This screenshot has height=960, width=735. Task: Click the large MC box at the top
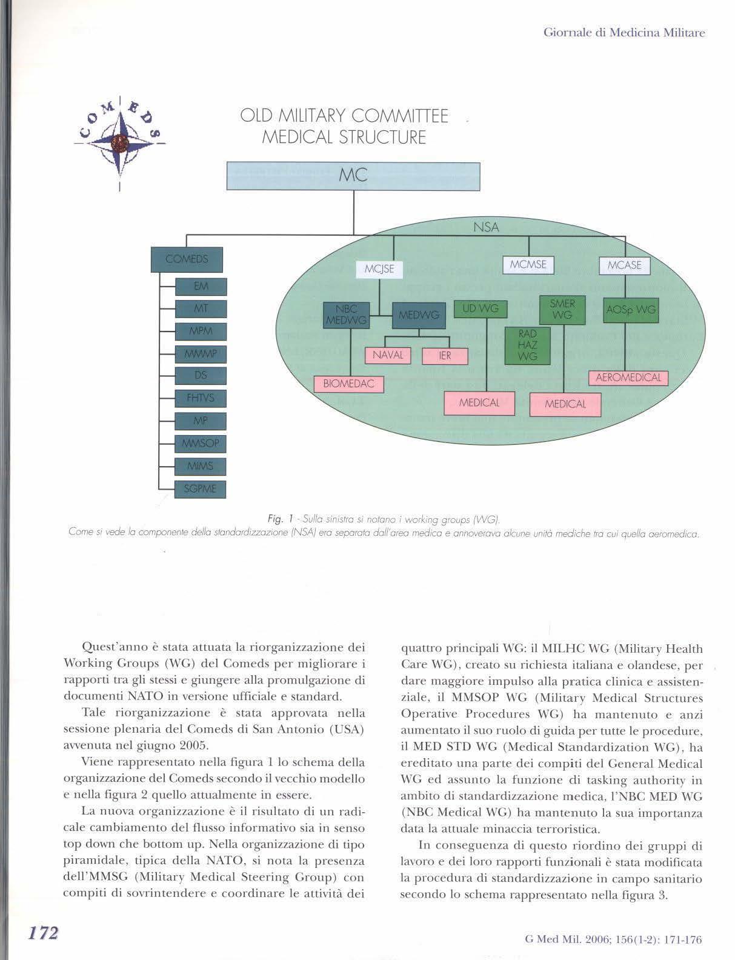point(353,176)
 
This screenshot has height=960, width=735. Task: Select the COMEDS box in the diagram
point(187,259)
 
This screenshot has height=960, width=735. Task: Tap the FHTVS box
point(201,398)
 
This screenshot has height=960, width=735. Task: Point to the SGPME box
point(200,488)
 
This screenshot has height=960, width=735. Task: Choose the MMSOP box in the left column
point(201,444)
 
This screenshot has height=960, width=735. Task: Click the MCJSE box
point(379,269)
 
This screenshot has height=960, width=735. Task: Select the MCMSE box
point(528,265)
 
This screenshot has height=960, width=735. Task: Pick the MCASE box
point(624,265)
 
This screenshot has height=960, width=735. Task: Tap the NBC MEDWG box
point(346,315)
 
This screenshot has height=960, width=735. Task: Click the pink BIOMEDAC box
point(349,384)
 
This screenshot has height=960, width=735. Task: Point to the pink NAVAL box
point(388,355)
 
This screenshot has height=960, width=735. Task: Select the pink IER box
point(445,356)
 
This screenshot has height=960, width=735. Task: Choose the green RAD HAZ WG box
point(528,345)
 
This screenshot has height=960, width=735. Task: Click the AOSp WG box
point(631,310)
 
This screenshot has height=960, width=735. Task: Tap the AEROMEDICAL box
point(628,378)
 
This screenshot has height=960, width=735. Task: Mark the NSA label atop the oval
point(486,227)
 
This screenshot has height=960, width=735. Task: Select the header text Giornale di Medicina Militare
point(624,33)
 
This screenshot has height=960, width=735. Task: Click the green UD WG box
point(481,309)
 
